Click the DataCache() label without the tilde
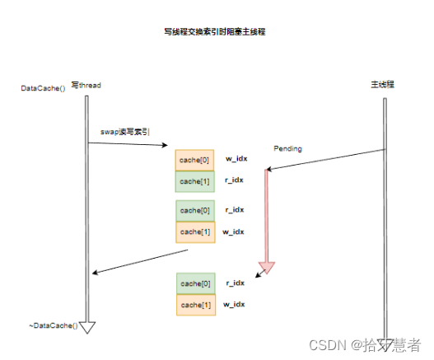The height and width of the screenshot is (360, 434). coord(42,88)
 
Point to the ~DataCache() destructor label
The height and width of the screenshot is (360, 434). coord(53,326)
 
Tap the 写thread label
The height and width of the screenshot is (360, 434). coord(86,86)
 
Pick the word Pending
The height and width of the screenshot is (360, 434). coord(288,149)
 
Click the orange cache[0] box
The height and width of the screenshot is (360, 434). coord(195,159)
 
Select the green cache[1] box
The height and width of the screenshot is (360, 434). coord(195,181)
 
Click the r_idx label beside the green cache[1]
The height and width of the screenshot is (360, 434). coord(235,180)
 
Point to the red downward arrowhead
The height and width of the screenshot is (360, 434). coord(266,268)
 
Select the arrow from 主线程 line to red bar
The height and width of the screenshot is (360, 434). coord(326,160)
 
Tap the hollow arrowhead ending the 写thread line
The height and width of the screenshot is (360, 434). coord(86,328)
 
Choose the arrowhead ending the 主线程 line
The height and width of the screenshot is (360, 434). coord(385,339)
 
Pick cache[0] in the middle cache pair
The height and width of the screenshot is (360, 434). coord(195,210)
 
